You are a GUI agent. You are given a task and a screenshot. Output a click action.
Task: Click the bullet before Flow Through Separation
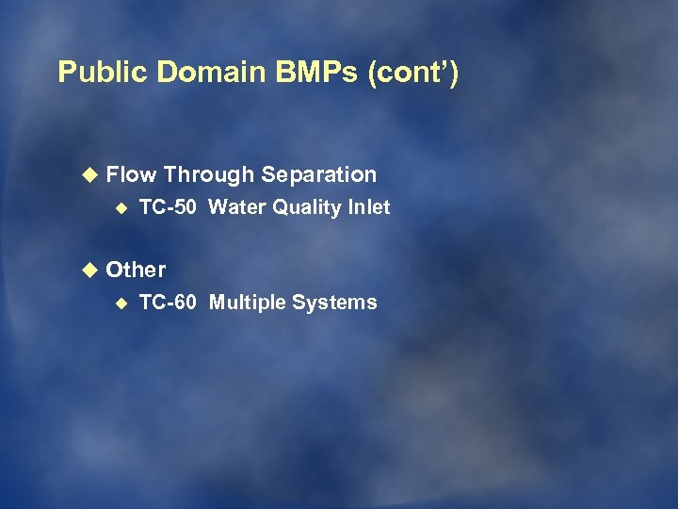click(89, 174)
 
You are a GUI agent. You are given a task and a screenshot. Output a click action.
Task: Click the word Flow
click(131, 174)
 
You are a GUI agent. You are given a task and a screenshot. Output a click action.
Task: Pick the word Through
click(209, 174)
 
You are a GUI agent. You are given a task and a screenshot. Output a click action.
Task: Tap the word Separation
click(319, 174)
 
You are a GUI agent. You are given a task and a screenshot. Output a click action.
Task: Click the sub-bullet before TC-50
click(121, 207)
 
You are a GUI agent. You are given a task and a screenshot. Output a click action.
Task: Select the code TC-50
click(168, 207)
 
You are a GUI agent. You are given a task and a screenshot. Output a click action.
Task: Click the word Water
click(237, 207)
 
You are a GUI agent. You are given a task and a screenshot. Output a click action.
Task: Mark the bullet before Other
click(89, 270)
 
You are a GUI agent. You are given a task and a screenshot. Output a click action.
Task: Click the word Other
click(136, 270)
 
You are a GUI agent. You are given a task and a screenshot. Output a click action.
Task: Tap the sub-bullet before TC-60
click(121, 303)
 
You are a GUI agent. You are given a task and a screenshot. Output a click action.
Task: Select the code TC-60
click(168, 303)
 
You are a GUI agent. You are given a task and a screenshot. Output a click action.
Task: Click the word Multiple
click(247, 303)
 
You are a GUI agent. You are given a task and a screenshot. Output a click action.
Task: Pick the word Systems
click(334, 303)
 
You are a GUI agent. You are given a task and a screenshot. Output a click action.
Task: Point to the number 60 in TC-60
click(185, 303)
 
